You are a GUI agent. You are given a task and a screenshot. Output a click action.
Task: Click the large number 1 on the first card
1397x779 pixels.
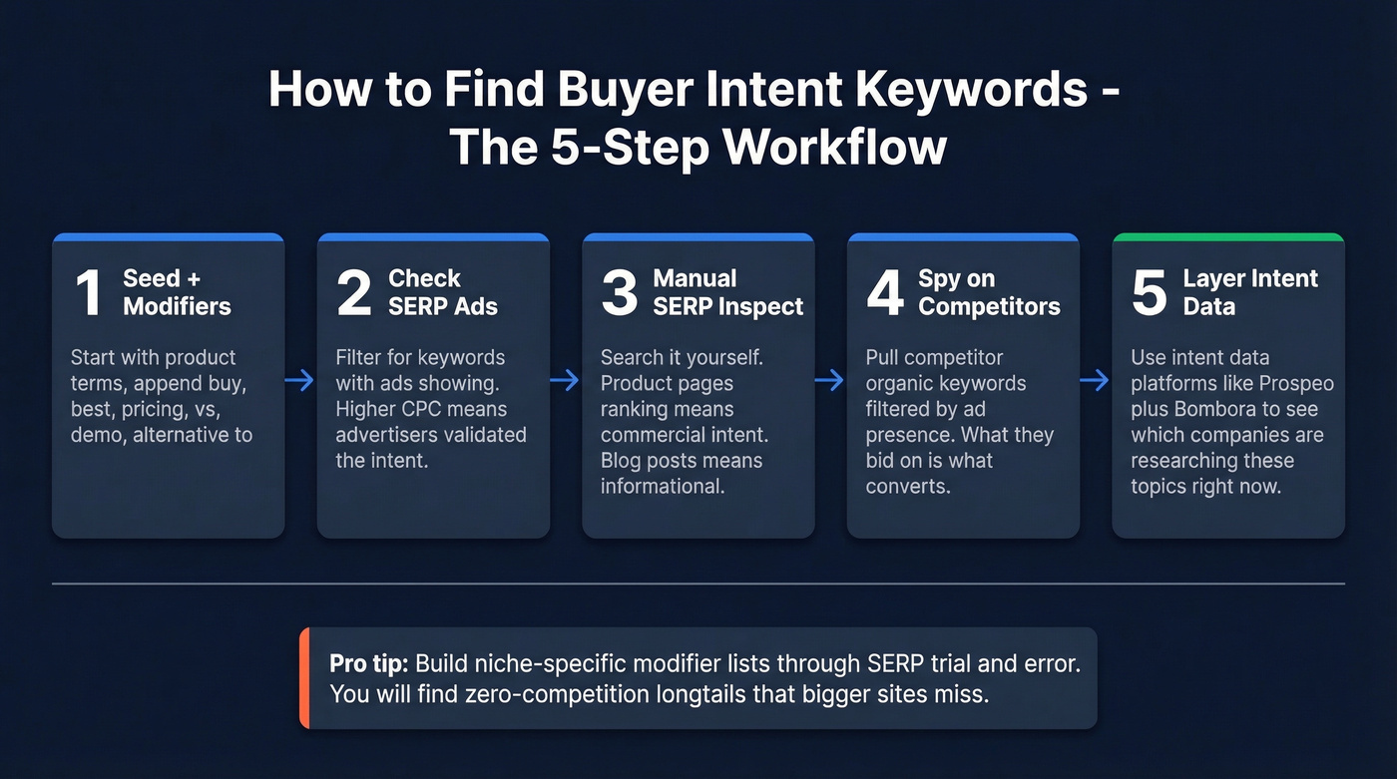(89, 293)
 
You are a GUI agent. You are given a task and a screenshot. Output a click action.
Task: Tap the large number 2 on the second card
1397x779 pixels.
(354, 293)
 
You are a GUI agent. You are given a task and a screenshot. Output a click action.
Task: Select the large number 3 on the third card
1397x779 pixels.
(620, 293)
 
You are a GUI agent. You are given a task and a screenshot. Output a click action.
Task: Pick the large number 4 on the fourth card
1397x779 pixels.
(884, 293)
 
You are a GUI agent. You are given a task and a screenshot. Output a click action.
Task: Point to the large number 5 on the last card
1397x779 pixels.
(1150, 293)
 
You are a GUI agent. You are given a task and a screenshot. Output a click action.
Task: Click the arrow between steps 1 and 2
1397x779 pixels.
(300, 381)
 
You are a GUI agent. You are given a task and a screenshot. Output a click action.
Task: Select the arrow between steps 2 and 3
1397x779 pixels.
(566, 381)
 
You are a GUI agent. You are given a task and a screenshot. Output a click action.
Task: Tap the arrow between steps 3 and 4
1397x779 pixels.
(830, 381)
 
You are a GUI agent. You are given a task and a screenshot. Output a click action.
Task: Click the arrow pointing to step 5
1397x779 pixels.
(1096, 381)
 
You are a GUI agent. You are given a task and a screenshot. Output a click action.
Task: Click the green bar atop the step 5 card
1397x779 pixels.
(1228, 237)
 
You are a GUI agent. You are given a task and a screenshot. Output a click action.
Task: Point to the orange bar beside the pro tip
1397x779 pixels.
(304, 678)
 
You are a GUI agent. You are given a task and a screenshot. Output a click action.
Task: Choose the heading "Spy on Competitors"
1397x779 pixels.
(988, 293)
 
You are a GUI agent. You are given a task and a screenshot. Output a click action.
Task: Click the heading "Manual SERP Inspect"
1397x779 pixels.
(727, 293)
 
